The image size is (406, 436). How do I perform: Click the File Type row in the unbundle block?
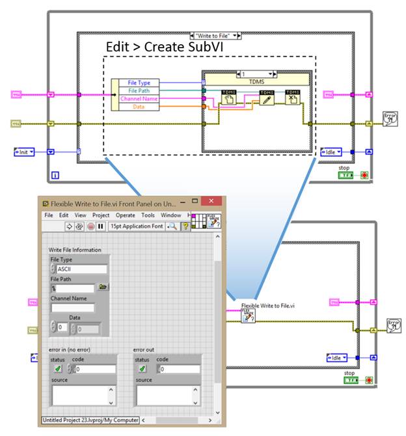[x=139, y=83]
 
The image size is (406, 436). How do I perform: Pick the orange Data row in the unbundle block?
[x=139, y=106]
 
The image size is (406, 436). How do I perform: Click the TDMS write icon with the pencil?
[x=266, y=98]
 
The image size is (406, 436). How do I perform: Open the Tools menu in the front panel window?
[x=148, y=215]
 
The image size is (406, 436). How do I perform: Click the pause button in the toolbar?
[x=100, y=226]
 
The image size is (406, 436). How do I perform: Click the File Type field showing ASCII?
[x=81, y=269]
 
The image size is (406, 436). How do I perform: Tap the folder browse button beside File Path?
[x=103, y=287]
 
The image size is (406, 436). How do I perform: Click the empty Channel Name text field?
[x=72, y=308]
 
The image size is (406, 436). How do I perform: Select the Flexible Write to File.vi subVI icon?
[x=248, y=316]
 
